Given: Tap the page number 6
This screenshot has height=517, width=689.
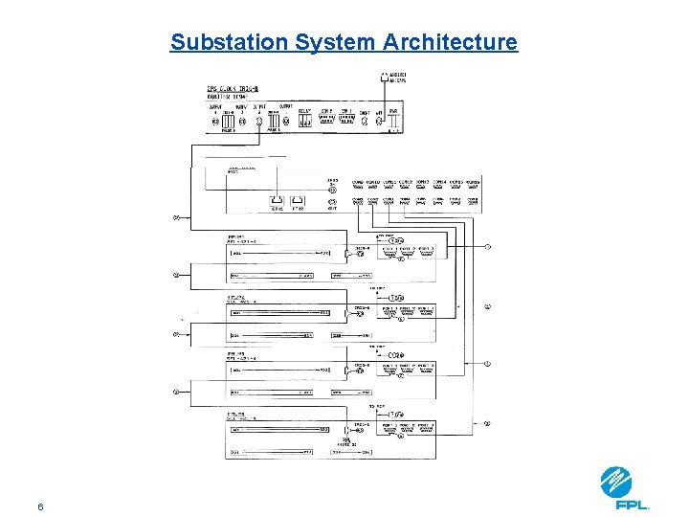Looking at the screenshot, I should (x=40, y=506).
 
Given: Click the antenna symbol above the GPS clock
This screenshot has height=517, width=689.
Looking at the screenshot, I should (x=385, y=76).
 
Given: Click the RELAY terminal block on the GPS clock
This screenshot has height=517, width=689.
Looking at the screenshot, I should (x=305, y=122).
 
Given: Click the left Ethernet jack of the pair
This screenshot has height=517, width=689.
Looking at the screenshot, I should (x=277, y=202).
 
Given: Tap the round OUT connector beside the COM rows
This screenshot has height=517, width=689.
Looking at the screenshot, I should (x=332, y=202).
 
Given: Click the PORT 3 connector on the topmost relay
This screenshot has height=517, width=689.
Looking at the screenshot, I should (x=425, y=255).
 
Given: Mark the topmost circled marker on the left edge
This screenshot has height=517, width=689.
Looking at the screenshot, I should (x=175, y=217).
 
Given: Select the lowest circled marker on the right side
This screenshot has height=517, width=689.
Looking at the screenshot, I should (x=488, y=422).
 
